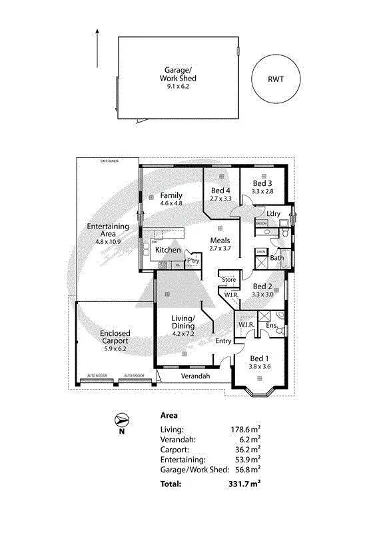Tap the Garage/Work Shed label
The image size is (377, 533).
tap(178, 77)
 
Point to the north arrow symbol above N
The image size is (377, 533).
tap(121, 420)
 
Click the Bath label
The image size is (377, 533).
tap(277, 257)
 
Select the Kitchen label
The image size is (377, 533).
tap(168, 250)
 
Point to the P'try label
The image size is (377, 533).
tap(193, 261)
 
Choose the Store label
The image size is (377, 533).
tap(228, 279)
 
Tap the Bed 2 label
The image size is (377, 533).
tap(262, 289)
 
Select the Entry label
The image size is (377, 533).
tap(224, 341)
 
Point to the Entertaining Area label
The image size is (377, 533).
tap(107, 231)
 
